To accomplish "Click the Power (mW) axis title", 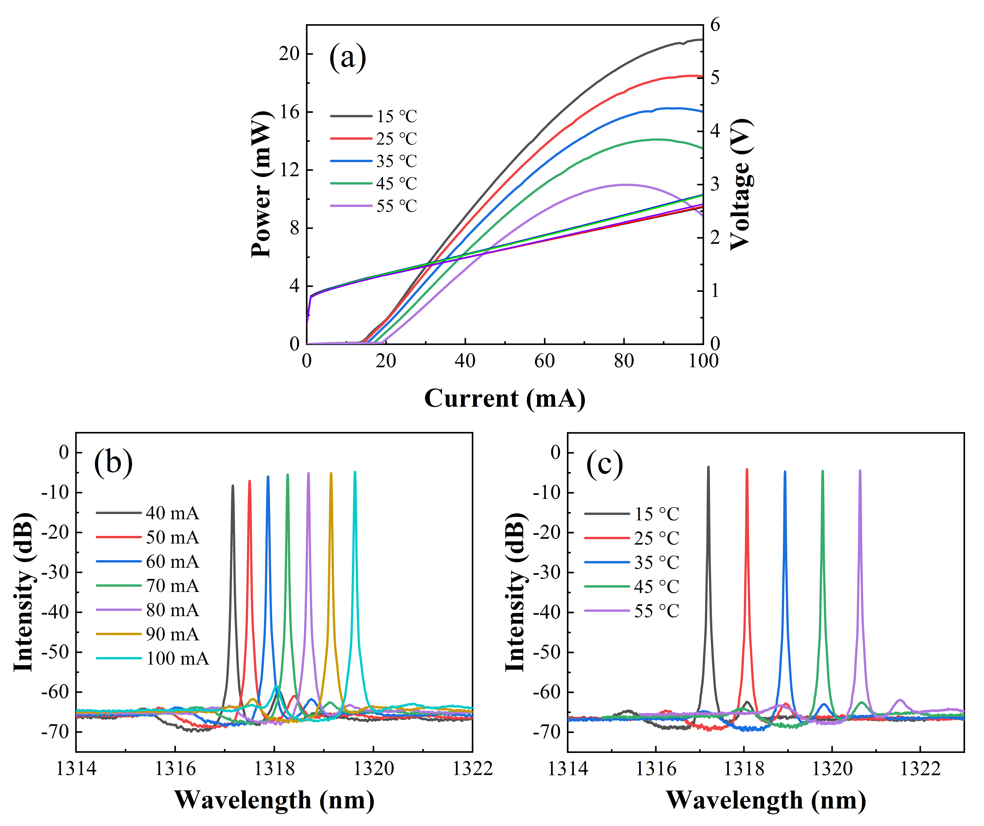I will [x=261, y=185].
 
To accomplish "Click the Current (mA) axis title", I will [x=505, y=399].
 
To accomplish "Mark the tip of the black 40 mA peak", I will [x=233, y=486].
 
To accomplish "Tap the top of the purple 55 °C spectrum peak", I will [x=860, y=470].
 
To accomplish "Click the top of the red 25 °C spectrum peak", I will [x=747, y=469].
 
